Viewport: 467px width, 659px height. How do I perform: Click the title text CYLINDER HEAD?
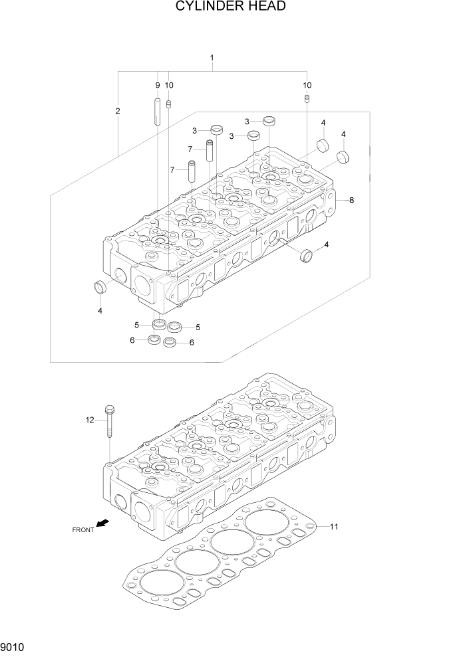point(231,7)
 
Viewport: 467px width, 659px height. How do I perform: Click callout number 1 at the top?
point(212,58)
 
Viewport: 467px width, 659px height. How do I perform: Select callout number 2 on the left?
point(118,111)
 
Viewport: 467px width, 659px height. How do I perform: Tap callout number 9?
point(158,85)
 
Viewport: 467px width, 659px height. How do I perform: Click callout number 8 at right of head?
point(351,200)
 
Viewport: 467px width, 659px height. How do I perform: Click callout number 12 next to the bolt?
point(89,419)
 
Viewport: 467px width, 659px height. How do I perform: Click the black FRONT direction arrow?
point(102,524)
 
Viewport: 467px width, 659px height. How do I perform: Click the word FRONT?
point(83,529)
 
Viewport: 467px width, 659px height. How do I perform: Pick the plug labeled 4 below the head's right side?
point(307,254)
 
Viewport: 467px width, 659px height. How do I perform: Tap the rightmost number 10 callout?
point(307,85)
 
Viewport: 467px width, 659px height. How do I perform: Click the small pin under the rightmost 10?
point(307,99)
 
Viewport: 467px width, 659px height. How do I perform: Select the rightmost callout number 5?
point(198,327)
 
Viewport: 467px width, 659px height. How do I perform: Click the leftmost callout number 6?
point(132,340)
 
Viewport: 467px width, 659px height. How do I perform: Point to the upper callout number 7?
point(190,149)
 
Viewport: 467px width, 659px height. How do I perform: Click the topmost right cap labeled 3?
point(269,121)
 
